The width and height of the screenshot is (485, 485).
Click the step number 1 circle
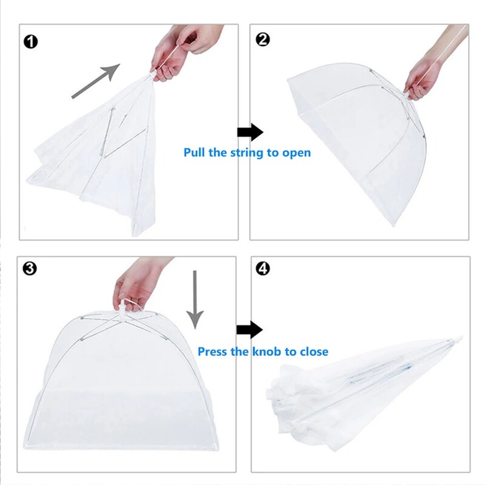coord(31,41)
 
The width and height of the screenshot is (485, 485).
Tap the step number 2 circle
coord(263,40)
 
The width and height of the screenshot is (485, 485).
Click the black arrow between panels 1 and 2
coord(249,132)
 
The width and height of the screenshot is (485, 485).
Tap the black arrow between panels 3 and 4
coord(249,330)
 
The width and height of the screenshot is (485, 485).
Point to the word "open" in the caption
coord(296,153)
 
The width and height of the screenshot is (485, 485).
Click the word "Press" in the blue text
coord(213,352)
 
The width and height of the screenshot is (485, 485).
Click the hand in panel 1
coord(176,52)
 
